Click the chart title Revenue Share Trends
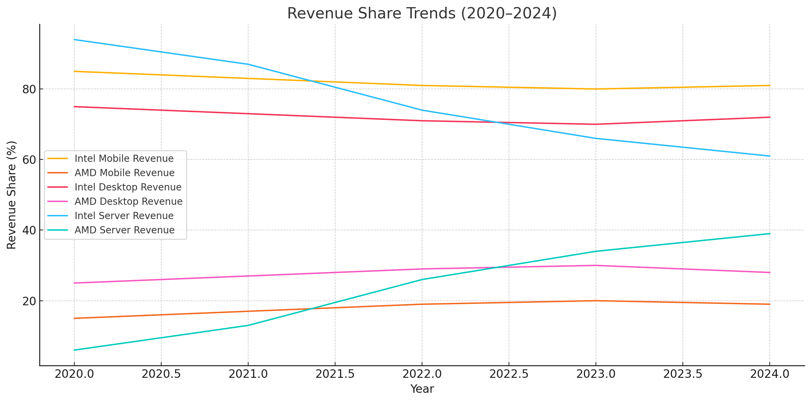coord(422,14)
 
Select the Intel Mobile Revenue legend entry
coord(124,159)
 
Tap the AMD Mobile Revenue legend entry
coord(124,173)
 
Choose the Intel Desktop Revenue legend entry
coord(128,187)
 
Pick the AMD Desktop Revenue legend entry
coord(129,202)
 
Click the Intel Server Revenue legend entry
coord(124,216)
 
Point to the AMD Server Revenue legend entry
coord(124,230)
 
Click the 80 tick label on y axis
coord(29,90)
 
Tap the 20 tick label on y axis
coord(29,301)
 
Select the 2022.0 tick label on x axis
coord(422,374)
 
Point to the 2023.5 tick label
coord(683,374)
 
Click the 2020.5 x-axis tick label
coord(161,374)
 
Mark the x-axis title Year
coord(422,389)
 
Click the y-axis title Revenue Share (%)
coord(12,195)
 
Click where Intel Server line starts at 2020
coord(74,40)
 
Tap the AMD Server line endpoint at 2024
coord(770,234)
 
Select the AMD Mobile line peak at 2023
coord(596,301)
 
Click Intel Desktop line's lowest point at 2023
coord(596,124)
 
